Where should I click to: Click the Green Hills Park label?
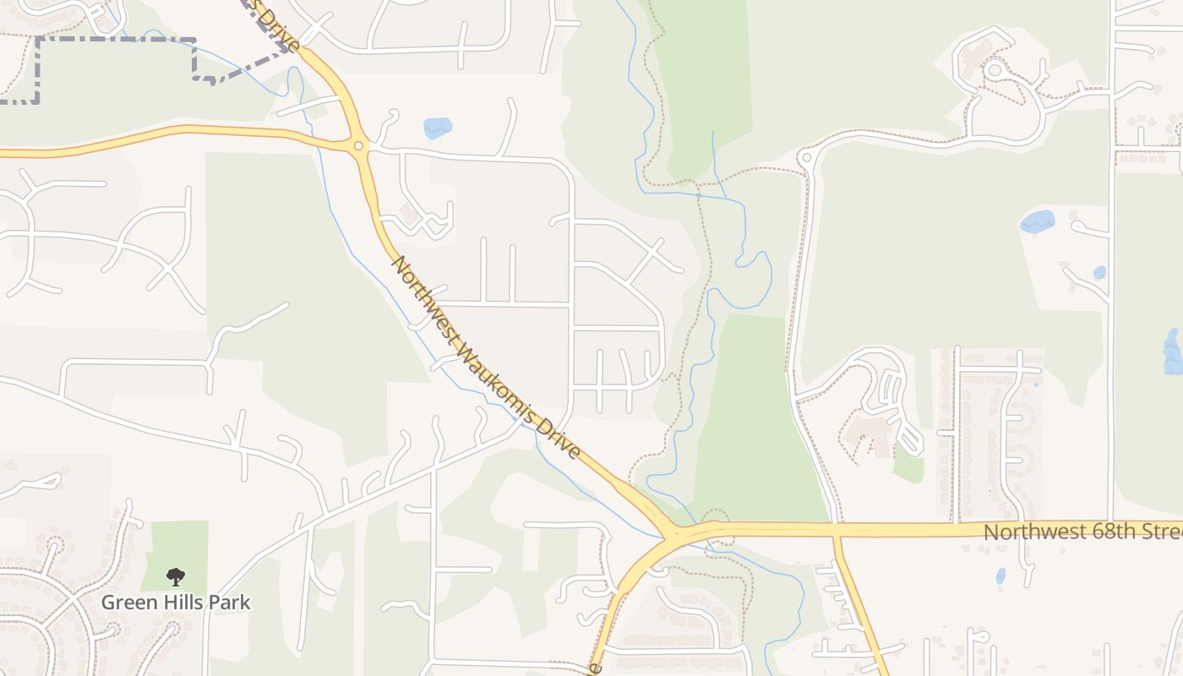tap(176, 602)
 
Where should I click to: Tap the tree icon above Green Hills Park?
tap(176, 577)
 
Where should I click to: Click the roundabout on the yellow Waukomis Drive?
tap(359, 146)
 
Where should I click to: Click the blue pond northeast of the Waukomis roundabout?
tap(438, 128)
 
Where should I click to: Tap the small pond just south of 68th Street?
tap(1000, 575)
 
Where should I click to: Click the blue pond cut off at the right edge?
tap(1174, 351)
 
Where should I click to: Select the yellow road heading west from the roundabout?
tap(169, 132)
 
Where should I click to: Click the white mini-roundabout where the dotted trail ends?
tap(805, 157)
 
